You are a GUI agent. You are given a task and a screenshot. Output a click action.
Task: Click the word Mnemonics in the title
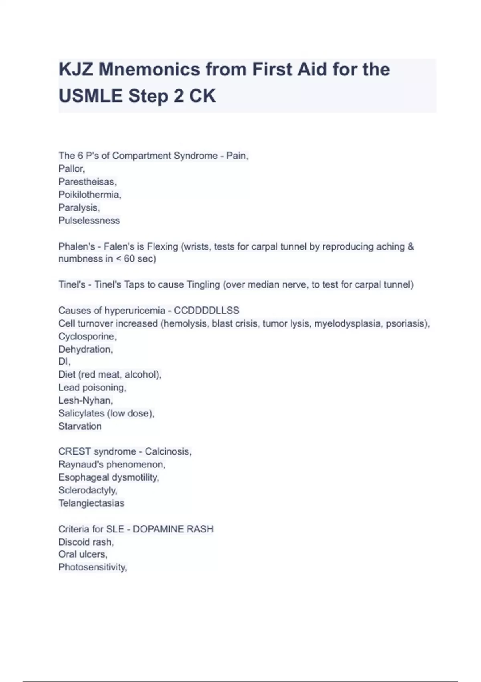[149, 69]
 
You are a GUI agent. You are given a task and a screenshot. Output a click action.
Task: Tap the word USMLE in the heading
[91, 96]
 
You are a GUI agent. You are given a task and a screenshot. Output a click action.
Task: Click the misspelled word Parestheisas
[87, 182]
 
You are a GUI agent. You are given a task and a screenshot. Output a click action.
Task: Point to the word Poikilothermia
[89, 195]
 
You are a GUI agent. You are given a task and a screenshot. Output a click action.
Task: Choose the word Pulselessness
[89, 221]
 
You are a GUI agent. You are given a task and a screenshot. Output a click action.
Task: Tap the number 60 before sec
[129, 259]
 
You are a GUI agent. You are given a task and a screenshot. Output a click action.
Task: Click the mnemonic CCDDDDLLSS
[206, 311]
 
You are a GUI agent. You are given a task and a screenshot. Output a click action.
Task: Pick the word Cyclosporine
[87, 337]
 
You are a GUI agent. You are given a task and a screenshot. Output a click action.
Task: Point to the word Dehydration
[85, 349]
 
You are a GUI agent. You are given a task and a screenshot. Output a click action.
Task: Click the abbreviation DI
[64, 362]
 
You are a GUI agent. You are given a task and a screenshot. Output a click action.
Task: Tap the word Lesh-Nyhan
[85, 400]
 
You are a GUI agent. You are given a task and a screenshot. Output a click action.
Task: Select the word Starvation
[80, 426]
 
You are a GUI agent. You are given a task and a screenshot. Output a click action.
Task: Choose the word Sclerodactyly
[87, 490]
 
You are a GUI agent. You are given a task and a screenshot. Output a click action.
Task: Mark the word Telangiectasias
[91, 503]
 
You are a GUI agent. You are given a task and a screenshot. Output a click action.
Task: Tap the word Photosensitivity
[92, 568]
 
